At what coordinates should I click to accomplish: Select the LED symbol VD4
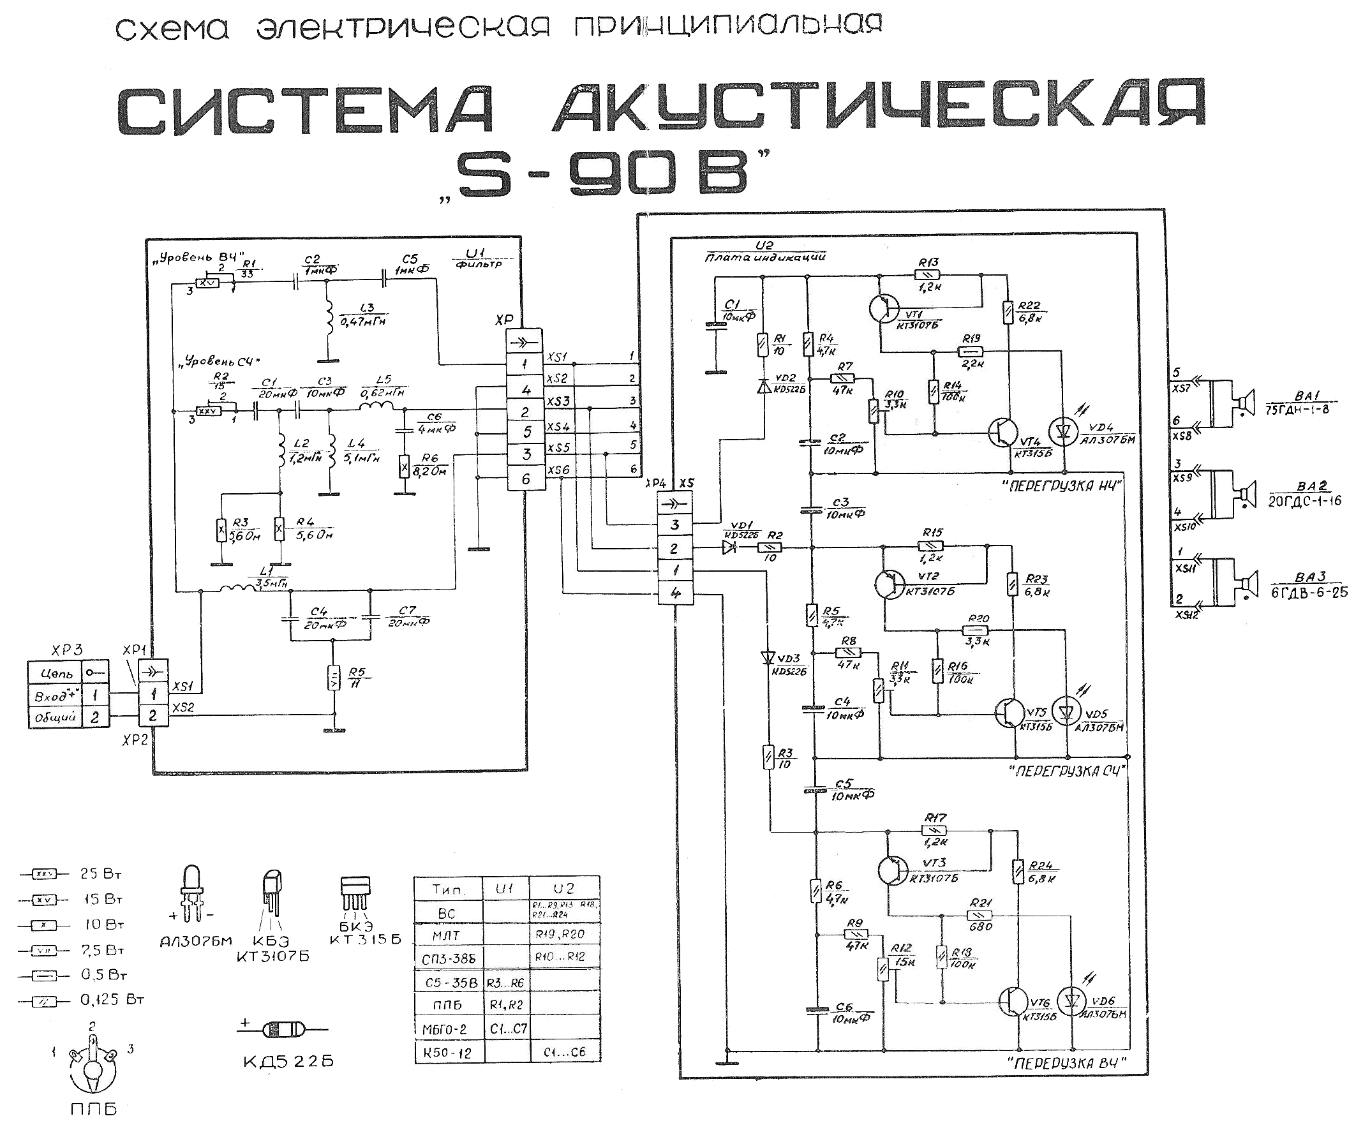(1063, 431)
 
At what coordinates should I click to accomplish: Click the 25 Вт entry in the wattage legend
(101, 874)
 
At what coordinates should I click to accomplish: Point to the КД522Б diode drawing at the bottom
(283, 1029)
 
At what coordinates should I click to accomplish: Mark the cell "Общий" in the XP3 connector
(55, 717)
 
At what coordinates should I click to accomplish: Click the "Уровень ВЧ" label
(197, 256)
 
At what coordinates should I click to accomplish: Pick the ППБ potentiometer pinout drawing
(93, 1065)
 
